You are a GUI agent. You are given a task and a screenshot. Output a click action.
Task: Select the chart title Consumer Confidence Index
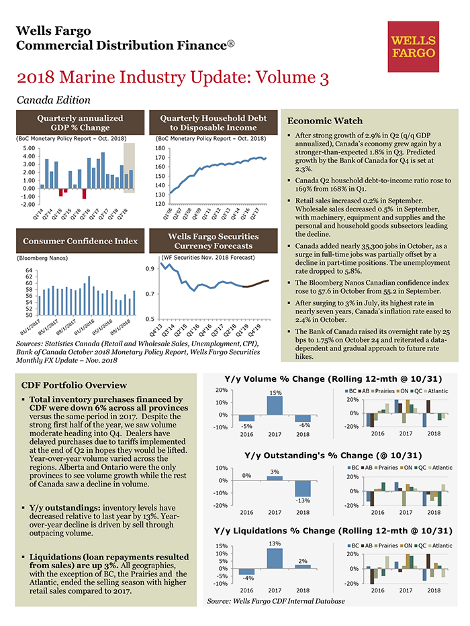(x=80, y=241)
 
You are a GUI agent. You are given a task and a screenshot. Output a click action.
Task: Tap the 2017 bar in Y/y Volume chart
(x=274, y=405)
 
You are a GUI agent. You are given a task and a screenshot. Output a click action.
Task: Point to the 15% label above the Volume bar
(x=274, y=393)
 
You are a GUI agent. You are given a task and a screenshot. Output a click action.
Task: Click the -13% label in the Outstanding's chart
(x=302, y=500)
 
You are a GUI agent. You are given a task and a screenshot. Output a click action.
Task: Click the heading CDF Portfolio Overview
(x=74, y=385)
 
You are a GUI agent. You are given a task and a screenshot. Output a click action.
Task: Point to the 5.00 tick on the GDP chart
(x=28, y=148)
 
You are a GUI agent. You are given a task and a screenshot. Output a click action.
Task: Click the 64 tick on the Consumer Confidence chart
(x=30, y=270)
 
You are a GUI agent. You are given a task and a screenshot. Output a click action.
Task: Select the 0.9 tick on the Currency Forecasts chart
(x=152, y=269)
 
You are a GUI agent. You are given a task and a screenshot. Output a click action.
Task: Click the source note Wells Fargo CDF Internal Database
(x=276, y=601)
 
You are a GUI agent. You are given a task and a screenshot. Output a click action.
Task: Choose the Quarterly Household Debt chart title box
(x=213, y=122)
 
